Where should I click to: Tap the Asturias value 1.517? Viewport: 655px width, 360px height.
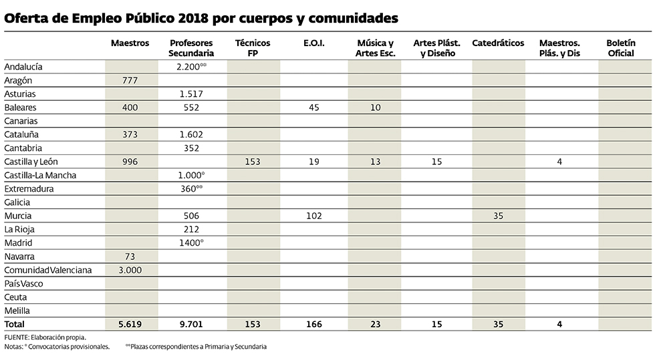[x=191, y=94]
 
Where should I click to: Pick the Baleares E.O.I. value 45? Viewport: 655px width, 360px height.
[x=313, y=108]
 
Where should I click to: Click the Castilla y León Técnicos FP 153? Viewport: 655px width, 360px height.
[x=253, y=162]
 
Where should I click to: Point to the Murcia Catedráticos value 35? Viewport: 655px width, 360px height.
[x=498, y=216]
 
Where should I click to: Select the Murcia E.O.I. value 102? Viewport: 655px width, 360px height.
[x=313, y=216]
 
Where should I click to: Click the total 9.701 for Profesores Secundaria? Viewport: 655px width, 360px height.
[x=191, y=325]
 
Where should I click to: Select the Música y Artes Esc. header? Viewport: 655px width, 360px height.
[x=375, y=47]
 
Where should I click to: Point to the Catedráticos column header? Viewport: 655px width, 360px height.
[x=498, y=43]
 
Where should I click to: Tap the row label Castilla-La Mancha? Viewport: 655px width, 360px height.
[x=40, y=175]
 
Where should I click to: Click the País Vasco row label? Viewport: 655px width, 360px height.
[x=24, y=284]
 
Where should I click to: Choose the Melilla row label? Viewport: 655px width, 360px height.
[x=17, y=311]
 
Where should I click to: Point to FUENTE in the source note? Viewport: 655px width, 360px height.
[x=16, y=338]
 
